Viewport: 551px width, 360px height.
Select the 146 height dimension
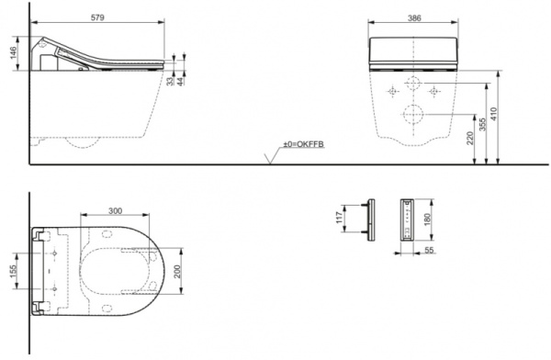click(13, 52)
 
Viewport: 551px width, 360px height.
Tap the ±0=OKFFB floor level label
click(306, 145)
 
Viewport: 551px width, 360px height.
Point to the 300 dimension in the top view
click(114, 210)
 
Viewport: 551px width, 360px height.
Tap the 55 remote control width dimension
click(429, 250)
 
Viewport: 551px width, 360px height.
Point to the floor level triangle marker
click(269, 159)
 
